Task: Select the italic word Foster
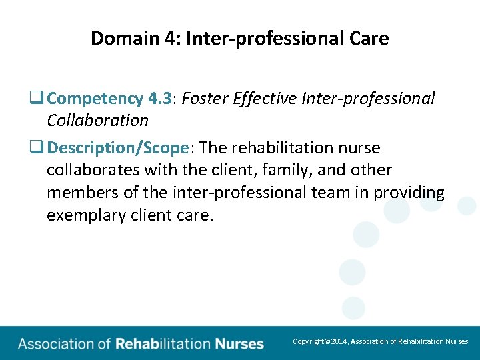(205, 99)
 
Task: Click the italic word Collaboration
(97, 121)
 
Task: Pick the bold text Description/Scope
(119, 147)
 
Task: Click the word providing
(408, 193)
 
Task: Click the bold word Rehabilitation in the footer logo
(163, 344)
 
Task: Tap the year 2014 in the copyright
(338, 341)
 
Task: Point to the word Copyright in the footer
(308, 341)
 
